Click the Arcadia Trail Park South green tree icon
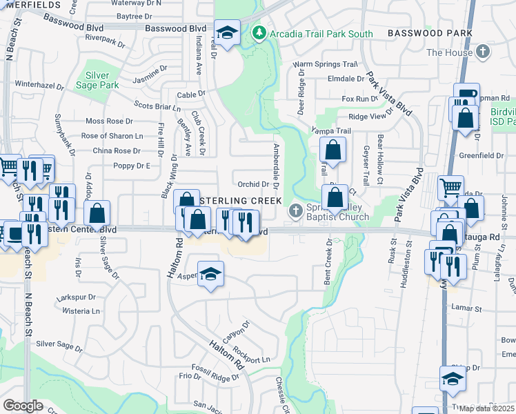(x=259, y=33)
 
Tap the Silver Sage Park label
(x=102, y=80)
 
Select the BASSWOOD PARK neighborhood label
(x=430, y=33)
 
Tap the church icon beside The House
(x=483, y=52)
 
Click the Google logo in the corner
(x=23, y=405)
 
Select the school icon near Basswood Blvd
(x=226, y=32)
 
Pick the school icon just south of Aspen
(x=210, y=273)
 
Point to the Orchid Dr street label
(x=252, y=184)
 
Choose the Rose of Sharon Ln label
(x=112, y=135)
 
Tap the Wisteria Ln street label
(x=81, y=311)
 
